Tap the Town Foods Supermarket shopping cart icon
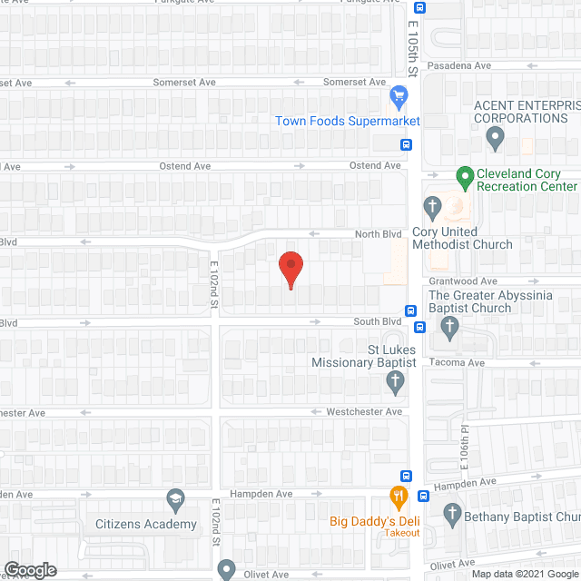click(398, 94)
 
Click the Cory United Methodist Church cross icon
click(432, 207)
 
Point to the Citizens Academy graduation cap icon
click(174, 498)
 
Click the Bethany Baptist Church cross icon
click(452, 516)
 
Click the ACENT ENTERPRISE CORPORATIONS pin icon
click(495, 139)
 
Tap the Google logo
click(29, 569)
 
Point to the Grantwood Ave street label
click(463, 281)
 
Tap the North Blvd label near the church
click(378, 234)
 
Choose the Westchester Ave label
click(363, 411)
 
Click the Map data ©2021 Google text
click(523, 573)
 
